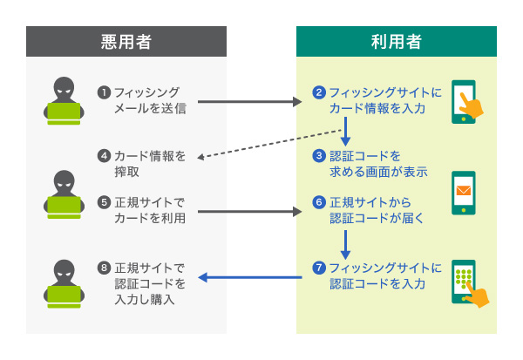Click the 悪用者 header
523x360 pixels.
click(x=126, y=41)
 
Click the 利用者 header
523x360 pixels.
click(x=396, y=41)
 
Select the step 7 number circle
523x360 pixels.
click(x=319, y=267)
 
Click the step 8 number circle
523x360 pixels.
click(x=104, y=267)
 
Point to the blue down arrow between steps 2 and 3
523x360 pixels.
click(x=346, y=131)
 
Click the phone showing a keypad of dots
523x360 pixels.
click(x=463, y=282)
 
